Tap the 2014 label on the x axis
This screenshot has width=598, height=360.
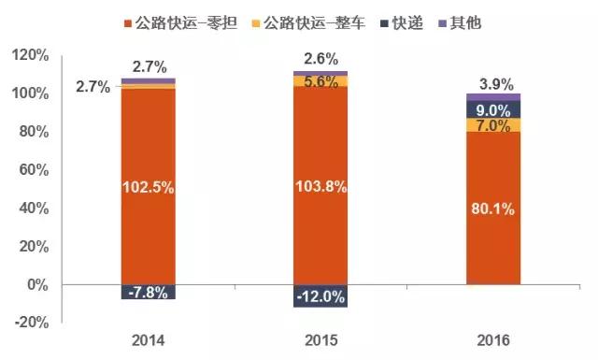[149, 339]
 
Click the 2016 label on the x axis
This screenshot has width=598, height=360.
[493, 339]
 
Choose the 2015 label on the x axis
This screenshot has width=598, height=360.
[320, 339]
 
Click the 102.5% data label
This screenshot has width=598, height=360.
[149, 187]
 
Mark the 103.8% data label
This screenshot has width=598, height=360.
[320, 186]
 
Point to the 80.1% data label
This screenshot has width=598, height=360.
[492, 209]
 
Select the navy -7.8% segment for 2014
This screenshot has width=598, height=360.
[149, 292]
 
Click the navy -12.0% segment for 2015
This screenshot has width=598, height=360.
[320, 296]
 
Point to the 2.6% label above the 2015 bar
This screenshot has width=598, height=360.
[320, 60]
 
